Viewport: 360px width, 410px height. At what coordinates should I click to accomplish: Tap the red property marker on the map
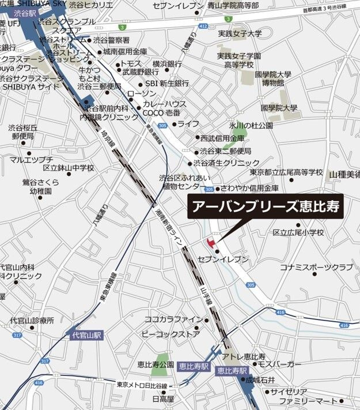[x=210, y=241]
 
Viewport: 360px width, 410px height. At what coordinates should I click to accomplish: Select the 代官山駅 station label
[x=86, y=334]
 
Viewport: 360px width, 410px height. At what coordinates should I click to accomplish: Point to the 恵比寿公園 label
[x=156, y=365]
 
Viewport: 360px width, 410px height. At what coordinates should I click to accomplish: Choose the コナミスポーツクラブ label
[x=316, y=268]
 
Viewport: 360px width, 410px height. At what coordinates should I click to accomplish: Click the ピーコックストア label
[x=171, y=334]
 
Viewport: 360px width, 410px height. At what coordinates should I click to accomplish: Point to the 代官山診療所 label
[x=32, y=320]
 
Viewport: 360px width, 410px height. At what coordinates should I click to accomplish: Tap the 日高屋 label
[x=163, y=398]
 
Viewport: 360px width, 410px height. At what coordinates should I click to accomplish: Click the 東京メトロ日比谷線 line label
[x=142, y=385]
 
